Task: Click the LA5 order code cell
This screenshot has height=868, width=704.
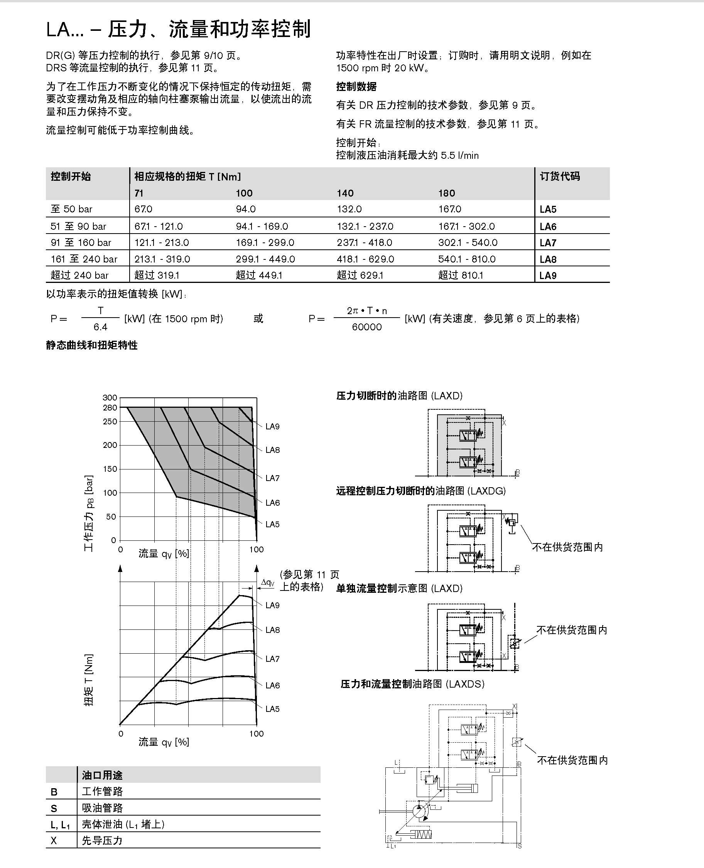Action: click(x=548, y=210)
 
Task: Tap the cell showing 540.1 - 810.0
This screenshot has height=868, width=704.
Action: click(x=466, y=259)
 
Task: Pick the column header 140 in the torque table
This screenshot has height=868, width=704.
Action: click(x=345, y=193)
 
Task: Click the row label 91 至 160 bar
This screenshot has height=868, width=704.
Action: click(x=81, y=243)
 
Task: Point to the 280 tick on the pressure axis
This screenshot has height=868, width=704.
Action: click(x=110, y=408)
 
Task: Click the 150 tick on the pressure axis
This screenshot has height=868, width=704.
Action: click(x=110, y=469)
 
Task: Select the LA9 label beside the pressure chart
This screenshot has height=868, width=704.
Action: click(x=272, y=426)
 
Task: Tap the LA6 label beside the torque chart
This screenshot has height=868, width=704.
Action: click(x=272, y=685)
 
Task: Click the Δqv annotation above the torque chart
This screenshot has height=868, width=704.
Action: click(x=268, y=583)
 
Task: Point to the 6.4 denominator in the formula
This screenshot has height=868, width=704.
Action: click(x=100, y=327)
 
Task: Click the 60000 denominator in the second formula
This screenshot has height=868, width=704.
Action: click(x=366, y=327)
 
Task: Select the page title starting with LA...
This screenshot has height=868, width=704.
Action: click(x=179, y=29)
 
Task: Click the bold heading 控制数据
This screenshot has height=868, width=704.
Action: click(x=356, y=86)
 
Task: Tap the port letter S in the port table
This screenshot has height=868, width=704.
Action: click(x=54, y=808)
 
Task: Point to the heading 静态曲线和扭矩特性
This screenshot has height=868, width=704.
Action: click(x=92, y=345)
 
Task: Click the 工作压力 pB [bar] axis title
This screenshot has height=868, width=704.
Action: click(x=88, y=513)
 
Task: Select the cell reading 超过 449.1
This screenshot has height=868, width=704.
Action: click(x=258, y=276)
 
